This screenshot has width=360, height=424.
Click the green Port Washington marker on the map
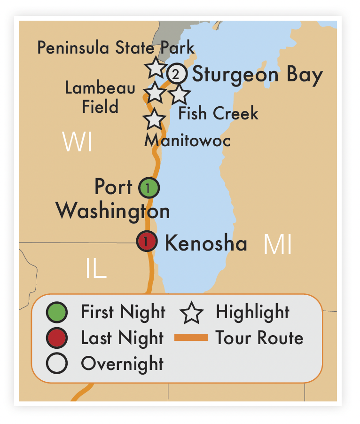tap(149, 188)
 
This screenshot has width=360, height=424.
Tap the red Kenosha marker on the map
tap(147, 242)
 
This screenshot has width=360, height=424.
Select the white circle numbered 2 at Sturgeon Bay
tap(176, 74)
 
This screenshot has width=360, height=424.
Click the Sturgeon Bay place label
tap(258, 75)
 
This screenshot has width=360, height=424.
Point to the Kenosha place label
tap(206, 243)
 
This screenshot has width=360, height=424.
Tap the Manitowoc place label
tap(187, 140)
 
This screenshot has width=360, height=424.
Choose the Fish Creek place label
tap(218, 113)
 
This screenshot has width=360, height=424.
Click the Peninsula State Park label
tap(116, 47)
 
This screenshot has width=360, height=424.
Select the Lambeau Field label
tap(100, 97)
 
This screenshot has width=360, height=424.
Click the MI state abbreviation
tap(278, 244)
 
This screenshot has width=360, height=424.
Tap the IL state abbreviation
tap(96, 269)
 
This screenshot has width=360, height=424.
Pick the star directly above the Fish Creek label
tap(179, 95)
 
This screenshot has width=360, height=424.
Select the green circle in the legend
tap(57, 312)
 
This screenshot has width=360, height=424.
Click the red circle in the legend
tap(57, 338)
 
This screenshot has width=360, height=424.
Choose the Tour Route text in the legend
tap(259, 338)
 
